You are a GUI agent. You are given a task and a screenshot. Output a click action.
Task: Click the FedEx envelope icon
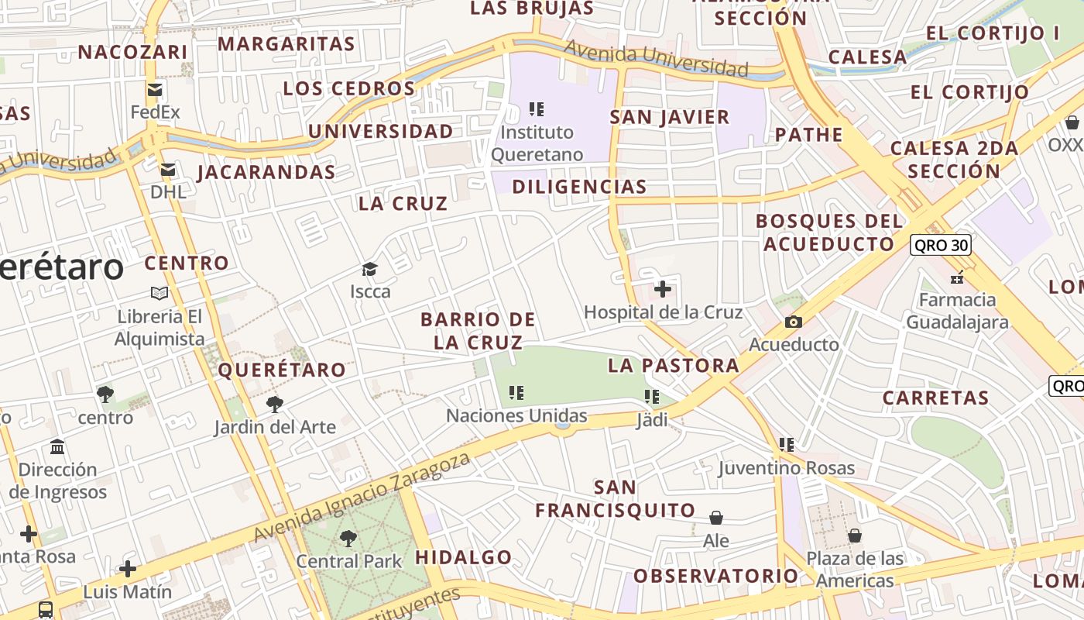pos(155,89)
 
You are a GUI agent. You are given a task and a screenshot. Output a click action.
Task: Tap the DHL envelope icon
pos(167,170)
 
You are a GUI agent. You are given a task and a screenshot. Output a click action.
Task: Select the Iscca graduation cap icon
pos(369,270)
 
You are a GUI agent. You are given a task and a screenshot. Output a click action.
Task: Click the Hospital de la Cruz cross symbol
pos(663,289)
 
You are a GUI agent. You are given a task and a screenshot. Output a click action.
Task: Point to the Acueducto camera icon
pos(793,322)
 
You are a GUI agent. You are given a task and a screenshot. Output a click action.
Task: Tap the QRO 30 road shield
pos(940,245)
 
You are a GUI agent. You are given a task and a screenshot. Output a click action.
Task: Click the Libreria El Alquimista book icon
pos(160,294)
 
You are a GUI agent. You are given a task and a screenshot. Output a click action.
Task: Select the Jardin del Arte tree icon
pos(274,404)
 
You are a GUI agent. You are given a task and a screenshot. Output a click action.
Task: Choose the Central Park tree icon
pos(348,538)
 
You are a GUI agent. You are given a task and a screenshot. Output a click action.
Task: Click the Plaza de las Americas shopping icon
pos(855,536)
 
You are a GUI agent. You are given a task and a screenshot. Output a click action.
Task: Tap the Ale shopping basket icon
pos(716,518)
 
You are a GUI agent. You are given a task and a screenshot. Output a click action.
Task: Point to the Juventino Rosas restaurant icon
pos(787,445)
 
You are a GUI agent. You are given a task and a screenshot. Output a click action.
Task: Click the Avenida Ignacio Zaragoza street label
pos(362,498)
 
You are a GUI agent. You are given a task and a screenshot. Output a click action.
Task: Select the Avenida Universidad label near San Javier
pos(656,59)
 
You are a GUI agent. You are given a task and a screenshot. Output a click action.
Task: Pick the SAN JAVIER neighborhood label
pos(670,117)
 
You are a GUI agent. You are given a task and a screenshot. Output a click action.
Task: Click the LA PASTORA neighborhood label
pos(674,365)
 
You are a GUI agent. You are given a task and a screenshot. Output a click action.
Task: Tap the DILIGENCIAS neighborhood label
pos(579,186)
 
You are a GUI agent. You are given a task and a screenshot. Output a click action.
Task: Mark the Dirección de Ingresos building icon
pos(57,447)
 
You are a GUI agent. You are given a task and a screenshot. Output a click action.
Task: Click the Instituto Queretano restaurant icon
pos(537,109)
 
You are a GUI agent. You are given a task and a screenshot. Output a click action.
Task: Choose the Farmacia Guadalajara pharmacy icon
pos(957,277)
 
